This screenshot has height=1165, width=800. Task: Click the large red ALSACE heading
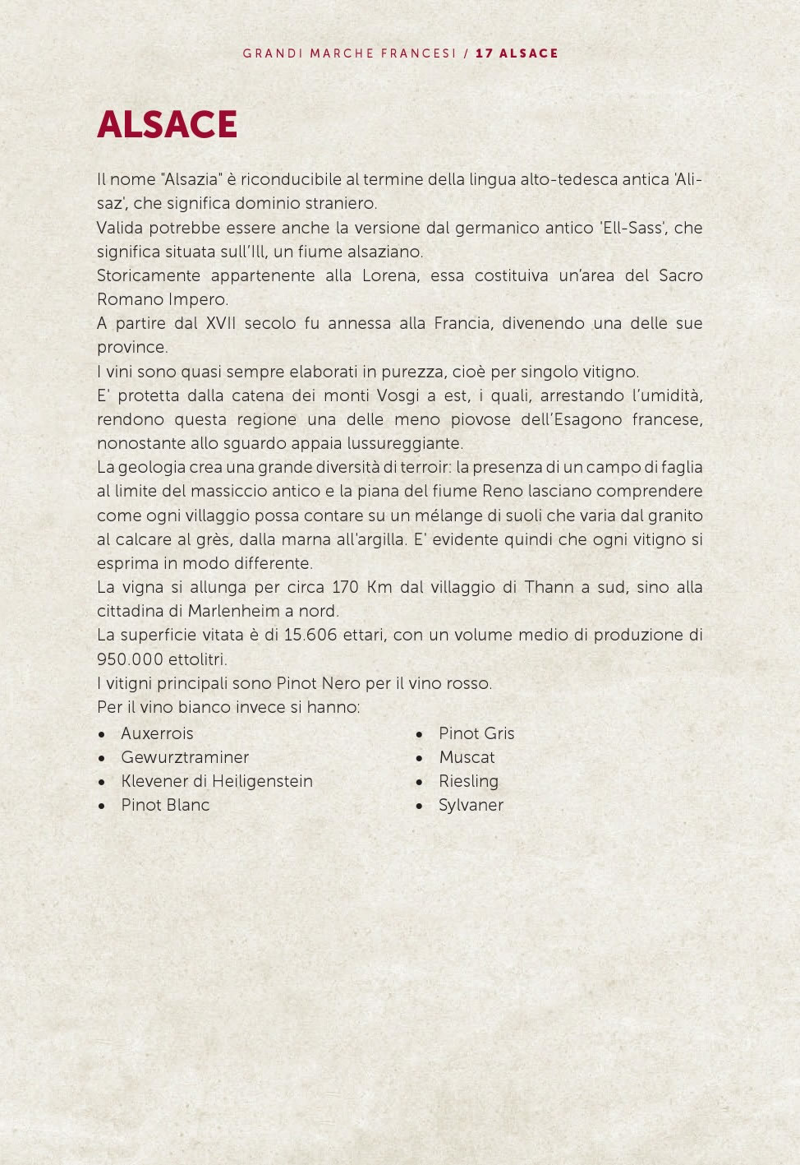[167, 125]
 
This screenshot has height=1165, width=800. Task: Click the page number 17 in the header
[484, 53]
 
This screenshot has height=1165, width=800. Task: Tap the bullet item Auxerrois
[157, 733]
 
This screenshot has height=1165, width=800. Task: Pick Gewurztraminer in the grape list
[185, 757]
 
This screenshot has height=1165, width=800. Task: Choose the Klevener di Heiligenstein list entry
[217, 781]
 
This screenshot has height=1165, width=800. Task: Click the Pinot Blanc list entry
[165, 805]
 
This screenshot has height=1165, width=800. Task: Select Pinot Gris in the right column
[476, 733]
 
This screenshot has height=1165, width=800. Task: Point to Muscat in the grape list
[467, 757]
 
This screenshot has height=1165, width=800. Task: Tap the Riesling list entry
[468, 781]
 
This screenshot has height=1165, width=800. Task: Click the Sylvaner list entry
[471, 805]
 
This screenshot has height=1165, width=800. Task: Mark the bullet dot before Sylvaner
[419, 806]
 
